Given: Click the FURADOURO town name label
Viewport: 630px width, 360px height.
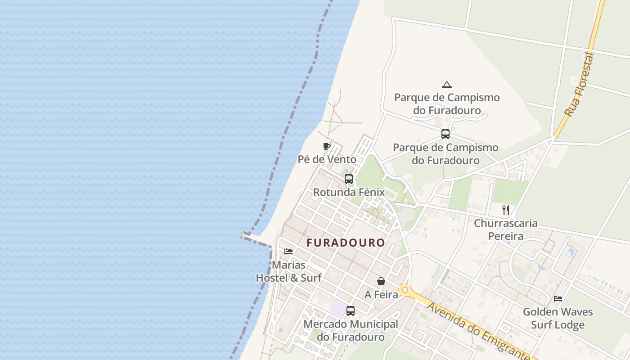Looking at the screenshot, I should click(x=346, y=243).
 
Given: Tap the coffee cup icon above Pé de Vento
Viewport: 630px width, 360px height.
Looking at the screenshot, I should click(x=327, y=146).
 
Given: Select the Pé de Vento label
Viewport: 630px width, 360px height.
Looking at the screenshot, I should click(x=327, y=159).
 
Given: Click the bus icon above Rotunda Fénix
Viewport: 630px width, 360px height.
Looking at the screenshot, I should click(x=349, y=179).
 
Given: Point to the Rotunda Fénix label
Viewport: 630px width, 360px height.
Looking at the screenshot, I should click(x=349, y=193).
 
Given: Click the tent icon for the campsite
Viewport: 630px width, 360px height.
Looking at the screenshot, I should click(x=446, y=85).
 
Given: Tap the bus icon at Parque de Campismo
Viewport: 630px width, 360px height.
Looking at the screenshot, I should click(x=445, y=134).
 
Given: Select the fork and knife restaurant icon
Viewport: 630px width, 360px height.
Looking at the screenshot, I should click(x=506, y=210).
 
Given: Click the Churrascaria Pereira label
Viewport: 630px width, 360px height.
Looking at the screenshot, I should click(x=506, y=229).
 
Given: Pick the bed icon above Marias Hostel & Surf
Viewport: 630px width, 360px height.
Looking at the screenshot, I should click(x=288, y=251).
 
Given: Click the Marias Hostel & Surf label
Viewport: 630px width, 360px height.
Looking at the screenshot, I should click(x=288, y=271).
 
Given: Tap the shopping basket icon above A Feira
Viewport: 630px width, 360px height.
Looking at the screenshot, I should click(x=381, y=281).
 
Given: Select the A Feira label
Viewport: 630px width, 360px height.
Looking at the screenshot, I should click(x=381, y=295).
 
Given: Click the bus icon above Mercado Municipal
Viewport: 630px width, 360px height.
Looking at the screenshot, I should click(x=351, y=310).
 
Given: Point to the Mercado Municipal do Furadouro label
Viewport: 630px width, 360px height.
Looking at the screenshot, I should click(x=351, y=330).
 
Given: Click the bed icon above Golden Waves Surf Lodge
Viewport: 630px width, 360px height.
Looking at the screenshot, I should click(x=558, y=298).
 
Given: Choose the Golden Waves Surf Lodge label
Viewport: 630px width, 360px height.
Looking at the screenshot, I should click(x=558, y=318).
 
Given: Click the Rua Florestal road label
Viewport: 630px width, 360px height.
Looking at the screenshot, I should click(x=580, y=85).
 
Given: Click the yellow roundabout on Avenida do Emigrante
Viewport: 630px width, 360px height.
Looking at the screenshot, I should click(x=405, y=290).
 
